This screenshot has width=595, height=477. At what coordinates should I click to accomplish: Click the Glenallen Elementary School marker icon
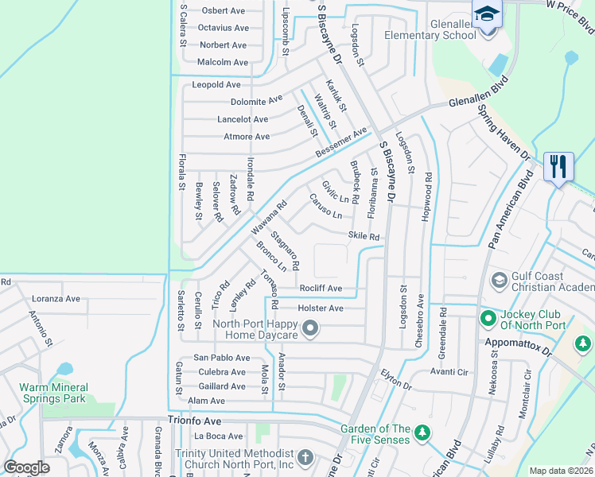coord(486,15)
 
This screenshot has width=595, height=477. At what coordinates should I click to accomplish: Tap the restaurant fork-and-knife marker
coord(558,167)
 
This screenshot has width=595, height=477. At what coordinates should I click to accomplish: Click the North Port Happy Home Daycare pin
coord(311,327)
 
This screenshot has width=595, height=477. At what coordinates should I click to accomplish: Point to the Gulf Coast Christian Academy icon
coord(499,280)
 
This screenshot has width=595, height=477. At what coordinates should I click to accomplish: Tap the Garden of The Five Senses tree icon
coord(424,434)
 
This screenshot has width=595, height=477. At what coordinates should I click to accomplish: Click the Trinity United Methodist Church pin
coord(305,459)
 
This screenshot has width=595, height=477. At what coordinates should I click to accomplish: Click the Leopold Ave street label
coord(216,85)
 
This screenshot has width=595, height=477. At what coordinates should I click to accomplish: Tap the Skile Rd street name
coord(364,236)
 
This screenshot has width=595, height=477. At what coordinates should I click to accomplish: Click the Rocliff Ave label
coord(321,289)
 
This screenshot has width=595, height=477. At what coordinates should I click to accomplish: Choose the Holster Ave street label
coord(320,308)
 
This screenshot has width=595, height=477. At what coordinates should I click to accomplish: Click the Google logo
coord(27,467)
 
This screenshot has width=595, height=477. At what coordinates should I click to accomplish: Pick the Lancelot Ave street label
coord(243,119)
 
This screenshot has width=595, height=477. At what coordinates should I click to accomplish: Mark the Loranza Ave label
coord(56,299)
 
